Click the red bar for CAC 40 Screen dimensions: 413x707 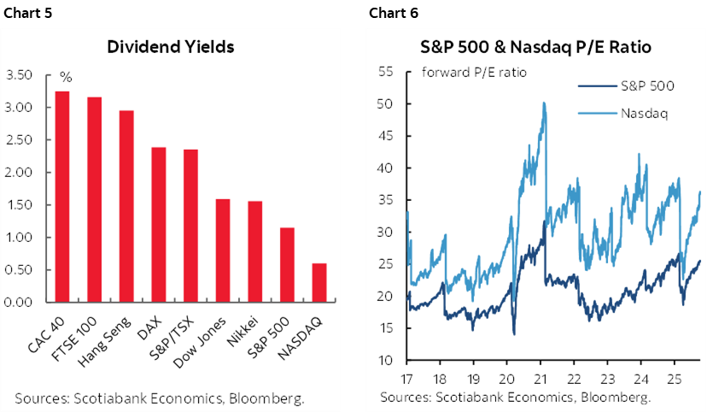coord(62,197)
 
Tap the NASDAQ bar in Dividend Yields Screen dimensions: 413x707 coord(318,282)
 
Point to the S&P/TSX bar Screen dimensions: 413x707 coord(190,226)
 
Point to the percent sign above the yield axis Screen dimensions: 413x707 coord(65,77)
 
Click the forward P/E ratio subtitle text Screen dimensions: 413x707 coord(474,72)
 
